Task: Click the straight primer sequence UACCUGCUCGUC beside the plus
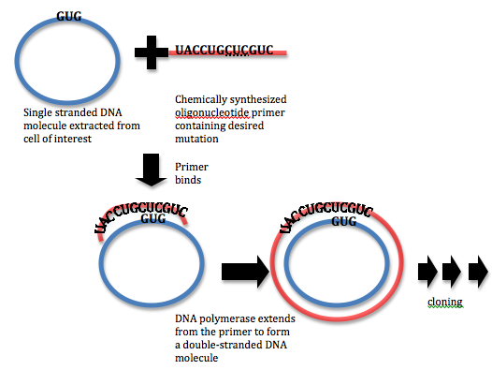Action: point(224,49)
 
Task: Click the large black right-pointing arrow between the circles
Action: point(244,272)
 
